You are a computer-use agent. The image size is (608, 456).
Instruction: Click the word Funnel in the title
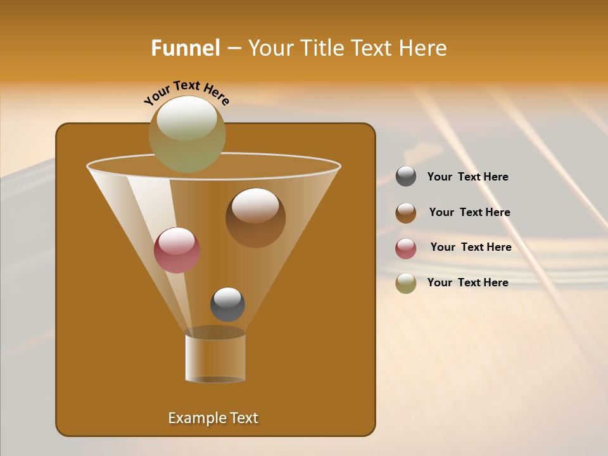[x=185, y=48]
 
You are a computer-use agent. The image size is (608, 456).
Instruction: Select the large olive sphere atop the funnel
[x=187, y=134]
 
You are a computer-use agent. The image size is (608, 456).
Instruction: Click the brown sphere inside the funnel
[x=255, y=218]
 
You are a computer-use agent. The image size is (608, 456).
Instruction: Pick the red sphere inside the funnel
[x=177, y=250]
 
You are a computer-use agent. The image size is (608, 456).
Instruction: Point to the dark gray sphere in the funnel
[x=227, y=305]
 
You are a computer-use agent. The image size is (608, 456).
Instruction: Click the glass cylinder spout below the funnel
[x=215, y=357]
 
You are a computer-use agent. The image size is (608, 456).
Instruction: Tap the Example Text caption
[x=213, y=418]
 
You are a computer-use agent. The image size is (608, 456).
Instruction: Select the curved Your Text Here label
[x=187, y=92]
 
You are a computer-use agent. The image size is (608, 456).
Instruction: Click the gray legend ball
[x=406, y=176]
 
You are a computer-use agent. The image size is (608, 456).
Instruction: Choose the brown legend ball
[x=406, y=213]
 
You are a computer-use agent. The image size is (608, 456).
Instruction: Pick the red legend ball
[x=406, y=248]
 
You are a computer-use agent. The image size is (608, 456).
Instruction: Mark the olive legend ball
[x=406, y=283]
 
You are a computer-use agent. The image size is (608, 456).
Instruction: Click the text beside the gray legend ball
[x=467, y=177]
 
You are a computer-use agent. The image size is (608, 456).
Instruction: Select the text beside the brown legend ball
[x=469, y=213]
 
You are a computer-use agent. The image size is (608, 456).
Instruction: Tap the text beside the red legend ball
[x=471, y=248]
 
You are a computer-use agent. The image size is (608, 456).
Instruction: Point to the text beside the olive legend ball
[x=467, y=282]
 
